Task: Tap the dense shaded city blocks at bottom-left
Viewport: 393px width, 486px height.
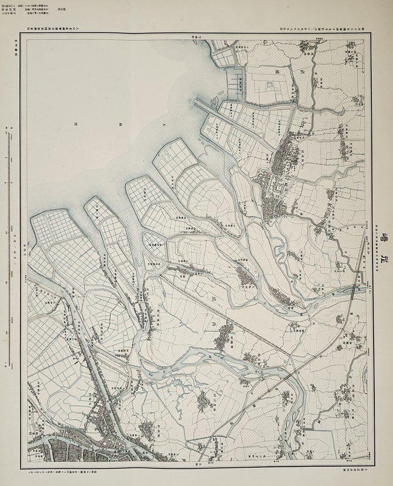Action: (x=67, y=450)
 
